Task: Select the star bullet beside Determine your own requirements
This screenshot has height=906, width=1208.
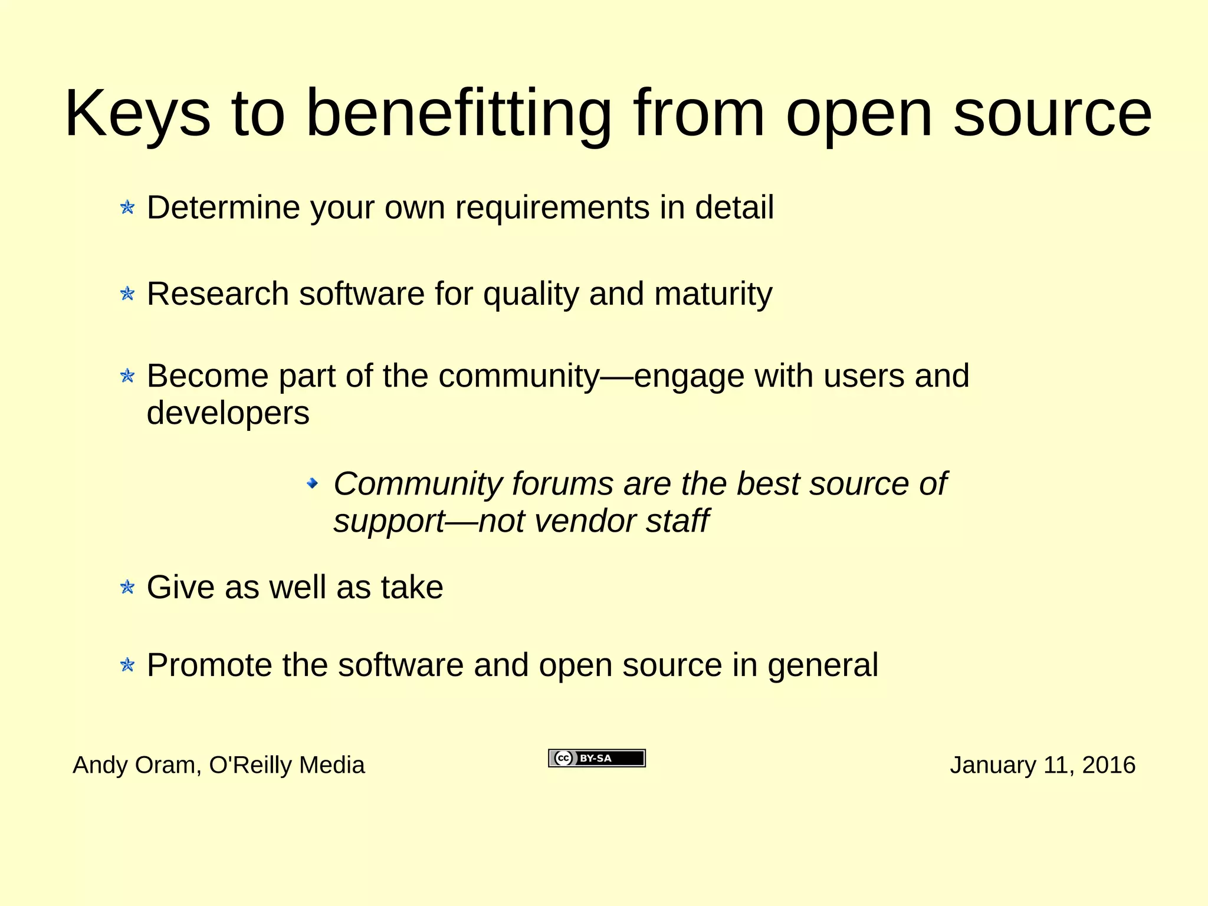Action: coord(127,207)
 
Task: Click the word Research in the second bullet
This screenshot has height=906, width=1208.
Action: coord(218,294)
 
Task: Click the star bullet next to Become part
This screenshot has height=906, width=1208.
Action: coord(127,375)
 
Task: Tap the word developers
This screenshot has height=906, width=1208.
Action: coord(228,413)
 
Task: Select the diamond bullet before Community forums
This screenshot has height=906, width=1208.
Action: coord(313,484)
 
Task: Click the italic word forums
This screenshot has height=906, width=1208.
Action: coord(562,484)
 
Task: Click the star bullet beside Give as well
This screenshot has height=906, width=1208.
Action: coord(127,587)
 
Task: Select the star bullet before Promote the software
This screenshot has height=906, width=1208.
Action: coord(127,666)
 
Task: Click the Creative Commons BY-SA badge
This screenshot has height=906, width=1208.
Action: coord(597,758)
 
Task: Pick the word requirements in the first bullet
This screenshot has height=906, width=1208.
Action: coord(552,207)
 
